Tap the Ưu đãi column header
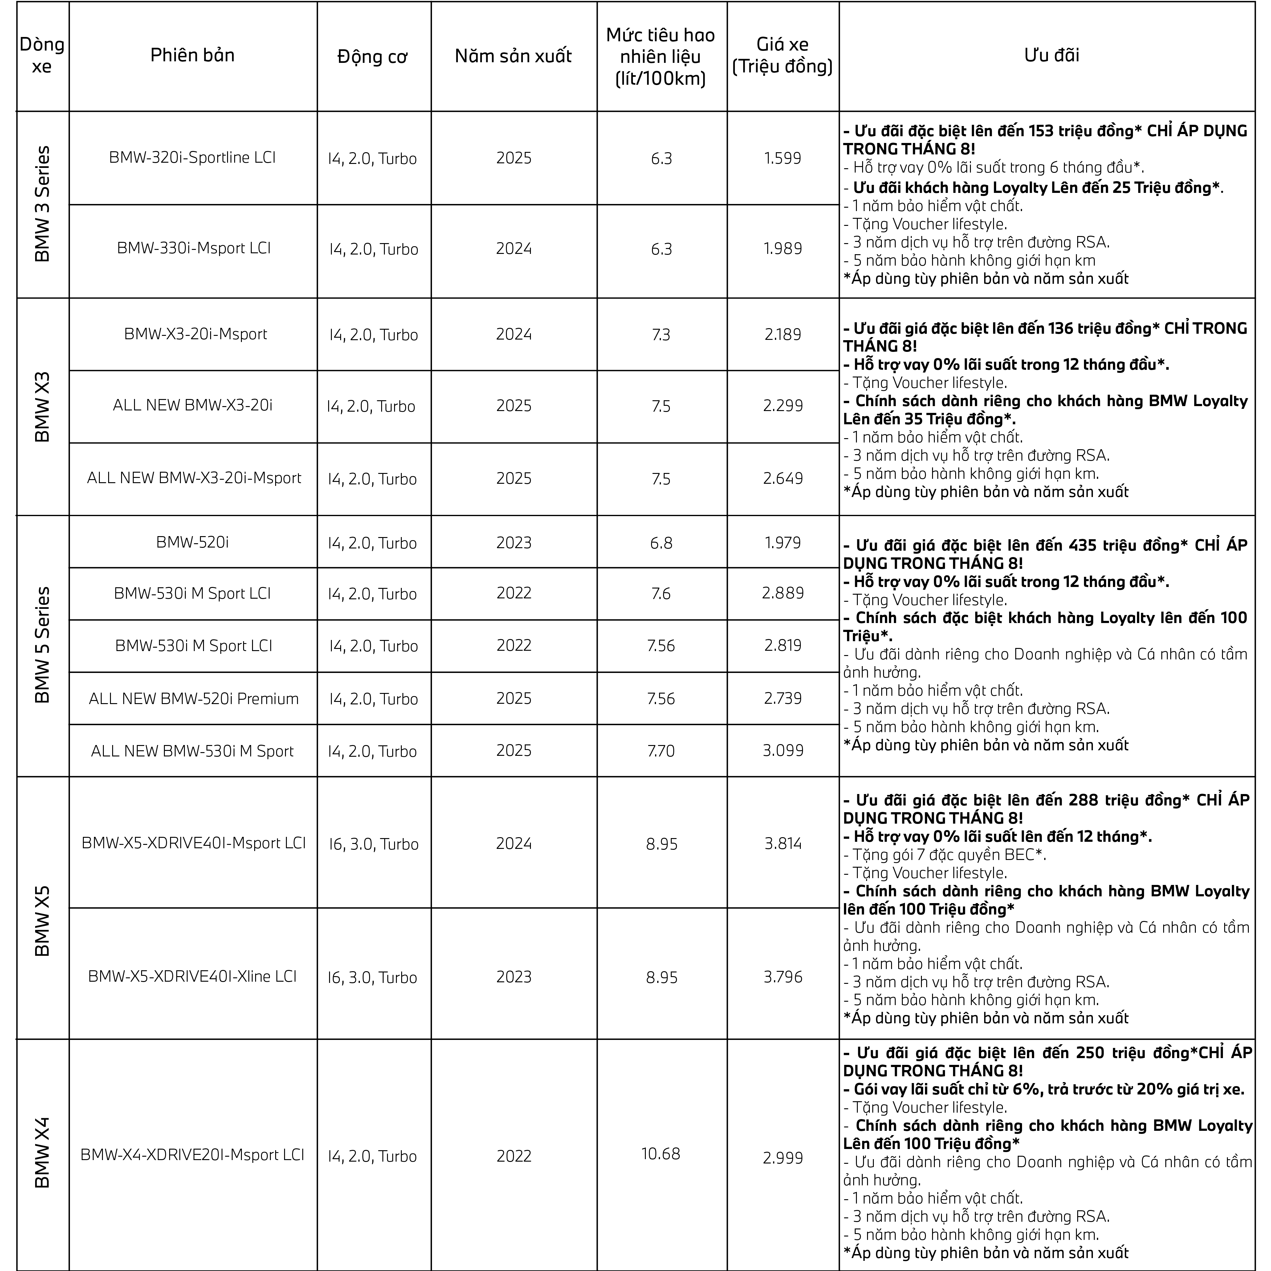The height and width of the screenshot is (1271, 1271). point(1051,55)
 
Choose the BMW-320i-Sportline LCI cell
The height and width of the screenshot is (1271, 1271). point(192,158)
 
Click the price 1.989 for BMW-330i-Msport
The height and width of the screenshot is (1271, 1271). point(783,249)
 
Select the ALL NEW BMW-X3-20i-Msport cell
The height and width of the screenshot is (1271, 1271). point(194,478)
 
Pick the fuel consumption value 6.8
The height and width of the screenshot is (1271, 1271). point(661,543)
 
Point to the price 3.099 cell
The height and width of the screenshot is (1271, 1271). point(783,751)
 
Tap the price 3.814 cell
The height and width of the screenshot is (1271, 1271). point(783,843)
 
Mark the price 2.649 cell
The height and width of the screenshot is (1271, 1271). point(783,478)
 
